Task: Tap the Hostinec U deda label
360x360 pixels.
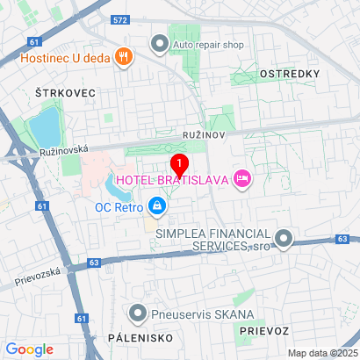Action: pyautogui.click(x=63, y=60)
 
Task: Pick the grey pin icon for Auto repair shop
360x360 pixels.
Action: pyautogui.click(x=159, y=42)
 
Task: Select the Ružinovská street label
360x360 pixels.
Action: pyautogui.click(x=64, y=151)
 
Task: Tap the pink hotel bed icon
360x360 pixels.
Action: pyautogui.click(x=242, y=180)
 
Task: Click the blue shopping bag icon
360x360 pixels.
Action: pyautogui.click(x=156, y=207)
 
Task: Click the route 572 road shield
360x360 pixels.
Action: pyautogui.click(x=121, y=18)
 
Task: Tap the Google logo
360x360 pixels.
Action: pyautogui.click(x=30, y=349)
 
